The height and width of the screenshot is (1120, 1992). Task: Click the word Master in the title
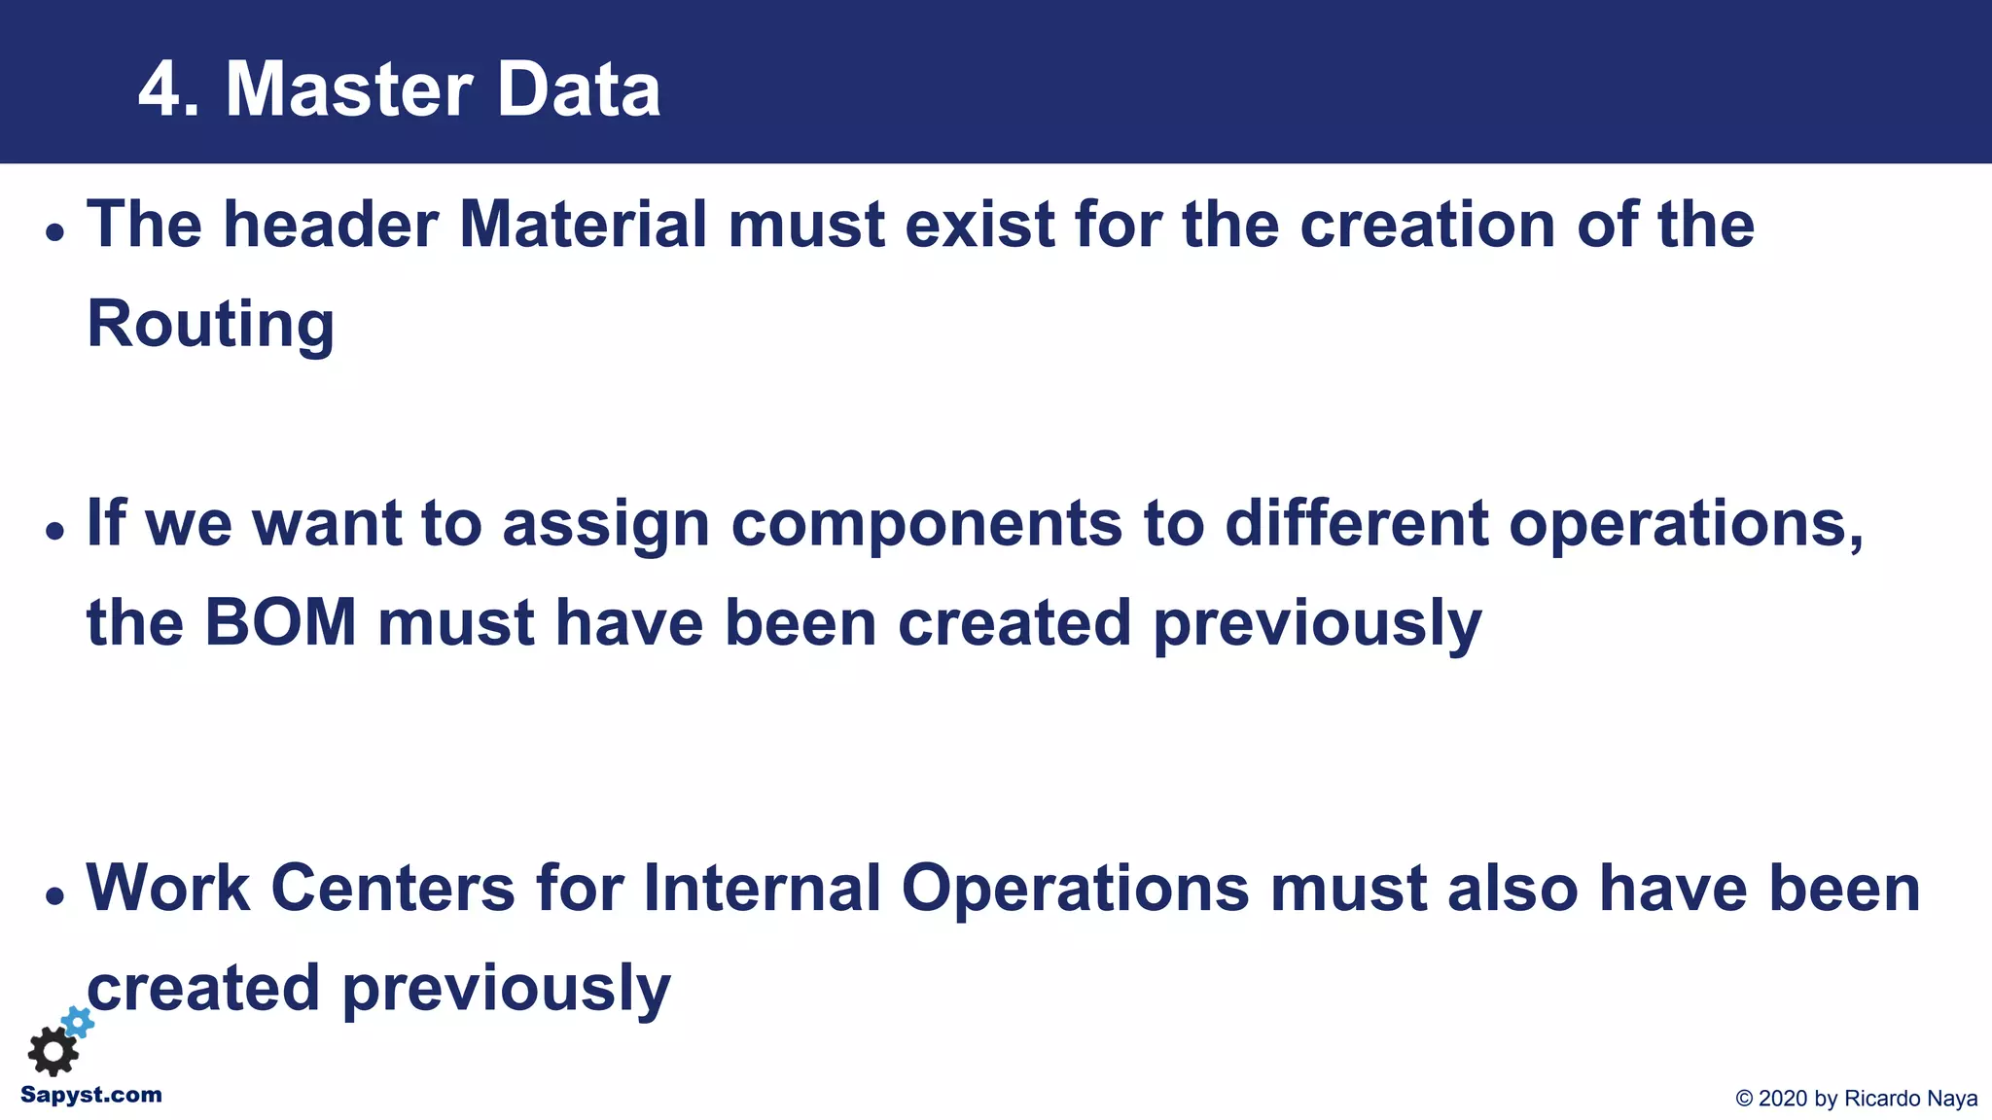click(x=347, y=89)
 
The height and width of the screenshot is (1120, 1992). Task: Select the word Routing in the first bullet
click(x=211, y=324)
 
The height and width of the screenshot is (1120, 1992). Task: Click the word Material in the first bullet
click(x=583, y=225)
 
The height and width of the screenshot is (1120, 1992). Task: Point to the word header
click(x=331, y=225)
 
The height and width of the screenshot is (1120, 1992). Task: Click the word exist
click(x=979, y=225)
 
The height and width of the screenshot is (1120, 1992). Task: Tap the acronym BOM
click(x=281, y=622)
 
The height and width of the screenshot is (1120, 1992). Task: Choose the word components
click(x=927, y=523)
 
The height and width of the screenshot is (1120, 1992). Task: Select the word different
click(x=1356, y=523)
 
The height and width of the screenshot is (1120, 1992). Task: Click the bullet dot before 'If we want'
click(x=55, y=531)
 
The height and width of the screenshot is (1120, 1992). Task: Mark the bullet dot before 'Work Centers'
click(x=55, y=895)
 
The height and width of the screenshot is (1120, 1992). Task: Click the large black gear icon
click(x=53, y=1052)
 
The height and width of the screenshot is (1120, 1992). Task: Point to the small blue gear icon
click(x=79, y=1021)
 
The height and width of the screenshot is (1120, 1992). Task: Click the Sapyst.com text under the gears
click(x=91, y=1095)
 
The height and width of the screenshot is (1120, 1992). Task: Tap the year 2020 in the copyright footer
click(x=1784, y=1099)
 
